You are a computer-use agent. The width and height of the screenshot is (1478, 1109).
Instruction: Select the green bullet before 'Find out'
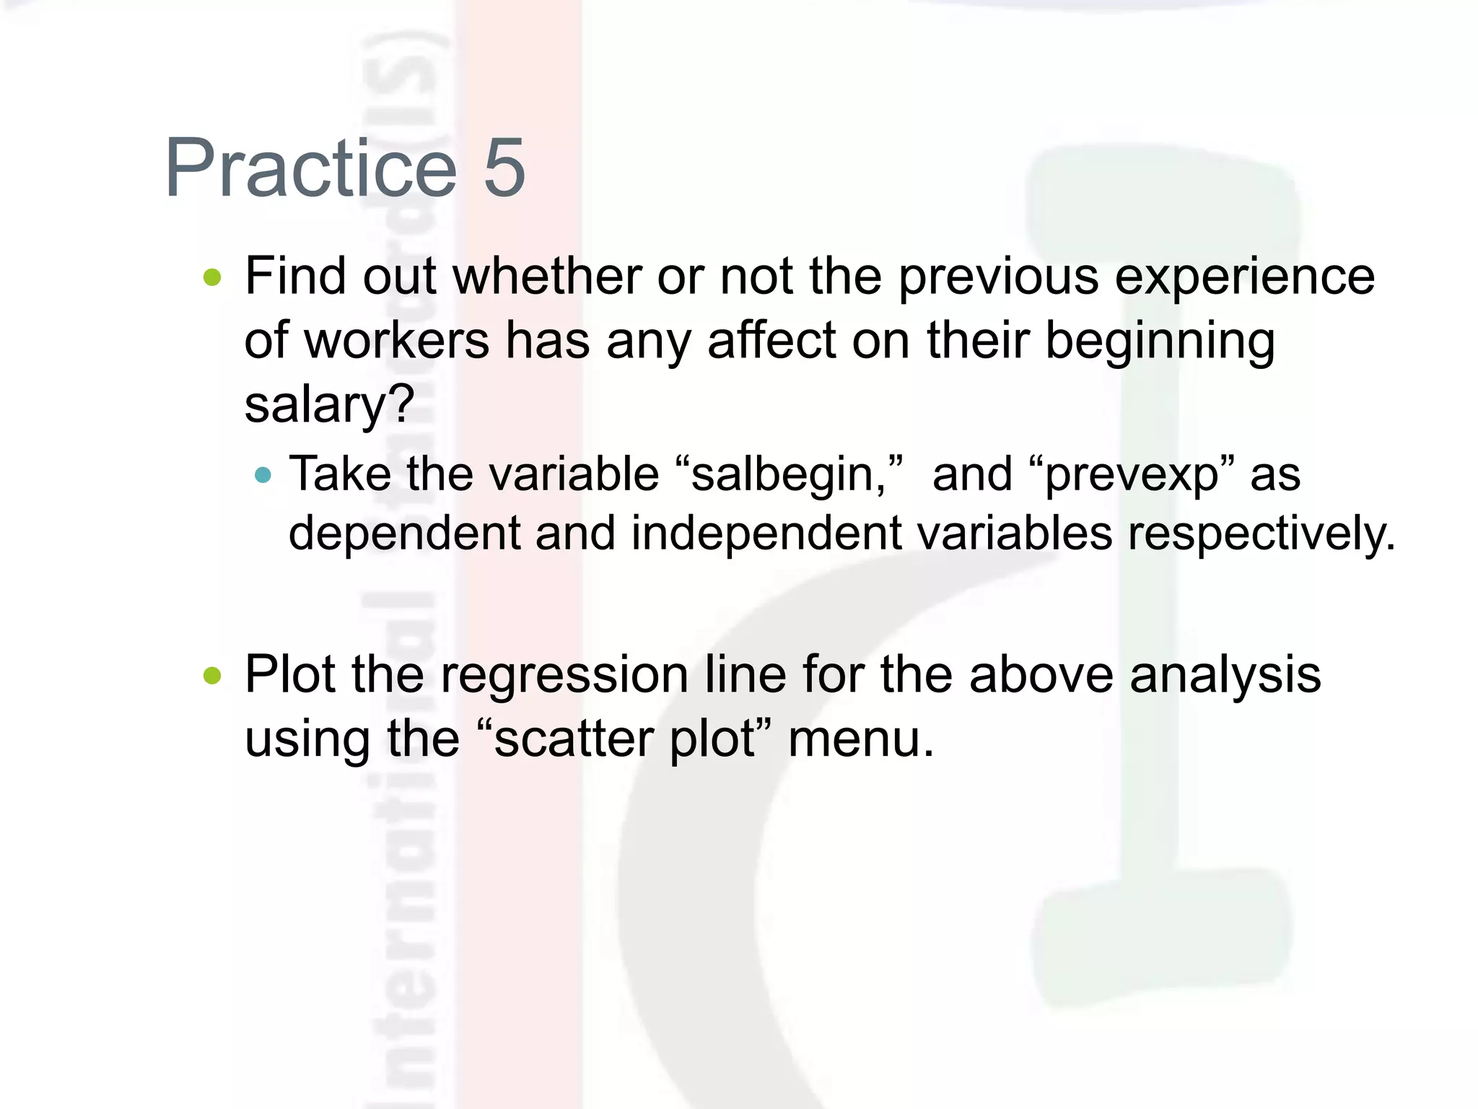(x=212, y=277)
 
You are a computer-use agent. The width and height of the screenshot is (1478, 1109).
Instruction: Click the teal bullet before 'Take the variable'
(x=263, y=475)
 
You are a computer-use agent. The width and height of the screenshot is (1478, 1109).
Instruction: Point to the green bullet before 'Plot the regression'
(x=212, y=676)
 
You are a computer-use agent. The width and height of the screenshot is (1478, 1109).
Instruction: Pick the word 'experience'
(x=1245, y=277)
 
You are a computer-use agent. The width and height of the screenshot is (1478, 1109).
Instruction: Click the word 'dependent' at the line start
(x=404, y=534)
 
